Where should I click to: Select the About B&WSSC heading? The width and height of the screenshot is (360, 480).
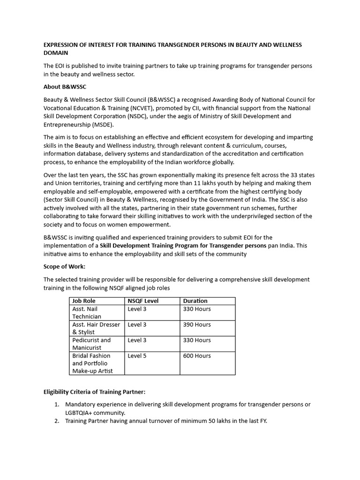point(65,87)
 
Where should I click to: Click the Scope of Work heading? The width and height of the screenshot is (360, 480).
point(64,266)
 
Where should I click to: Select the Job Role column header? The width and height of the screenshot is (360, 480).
point(83,301)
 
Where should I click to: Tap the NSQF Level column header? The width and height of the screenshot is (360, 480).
point(143,301)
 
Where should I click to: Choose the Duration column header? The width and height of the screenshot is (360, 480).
point(195,301)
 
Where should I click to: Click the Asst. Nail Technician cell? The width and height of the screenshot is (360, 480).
point(87,313)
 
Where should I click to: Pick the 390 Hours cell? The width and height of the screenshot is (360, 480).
point(197,324)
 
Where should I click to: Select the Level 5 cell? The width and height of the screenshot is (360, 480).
point(137,356)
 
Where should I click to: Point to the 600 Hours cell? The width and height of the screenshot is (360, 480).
point(197,356)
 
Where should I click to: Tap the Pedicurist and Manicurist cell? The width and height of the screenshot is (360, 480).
point(91,344)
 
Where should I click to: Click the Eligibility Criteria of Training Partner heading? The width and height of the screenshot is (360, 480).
point(101,391)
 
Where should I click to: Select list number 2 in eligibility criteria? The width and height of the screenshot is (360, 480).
point(56,421)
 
